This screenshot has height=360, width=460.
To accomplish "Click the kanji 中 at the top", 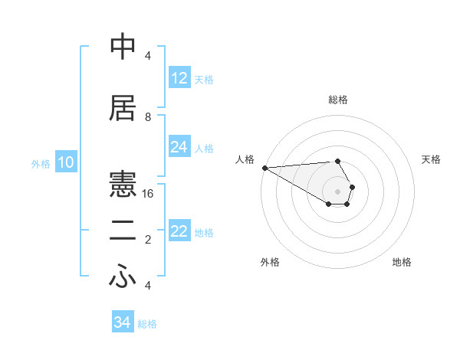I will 123,48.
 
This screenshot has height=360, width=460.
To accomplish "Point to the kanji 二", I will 123,231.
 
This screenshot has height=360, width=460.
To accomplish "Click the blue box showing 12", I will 179,78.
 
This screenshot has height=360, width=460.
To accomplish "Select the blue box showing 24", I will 179,147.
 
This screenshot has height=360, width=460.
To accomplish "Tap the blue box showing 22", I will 179,232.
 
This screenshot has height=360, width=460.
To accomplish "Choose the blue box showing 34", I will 123,322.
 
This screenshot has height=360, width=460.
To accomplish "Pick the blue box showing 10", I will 65,162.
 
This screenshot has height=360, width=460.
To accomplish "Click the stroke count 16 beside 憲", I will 148,194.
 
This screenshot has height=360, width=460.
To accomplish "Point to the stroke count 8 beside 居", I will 148,117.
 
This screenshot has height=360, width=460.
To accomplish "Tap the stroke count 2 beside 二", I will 148,240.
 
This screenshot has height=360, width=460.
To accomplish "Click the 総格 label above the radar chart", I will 337,100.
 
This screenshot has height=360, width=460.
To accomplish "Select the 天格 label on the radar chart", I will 432,159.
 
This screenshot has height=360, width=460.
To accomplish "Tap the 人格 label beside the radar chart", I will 245,159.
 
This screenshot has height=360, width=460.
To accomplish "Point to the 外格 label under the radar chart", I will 270,262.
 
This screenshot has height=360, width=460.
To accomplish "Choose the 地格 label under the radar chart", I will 402,262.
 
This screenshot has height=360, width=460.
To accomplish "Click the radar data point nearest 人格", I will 264,168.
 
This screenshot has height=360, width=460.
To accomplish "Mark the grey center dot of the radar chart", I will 337,191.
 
